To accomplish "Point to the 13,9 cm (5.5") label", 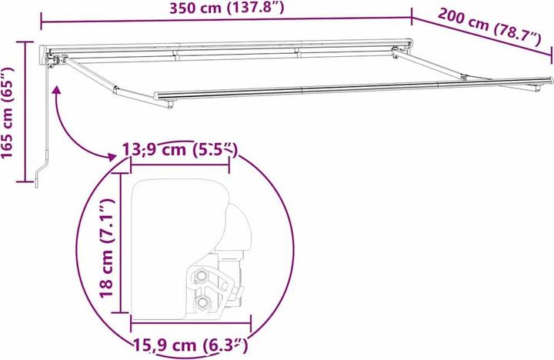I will (x=180, y=148).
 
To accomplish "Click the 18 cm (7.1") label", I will (x=105, y=247).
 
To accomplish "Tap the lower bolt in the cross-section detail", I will (x=202, y=303).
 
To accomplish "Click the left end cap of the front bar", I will (x=157, y=96).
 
